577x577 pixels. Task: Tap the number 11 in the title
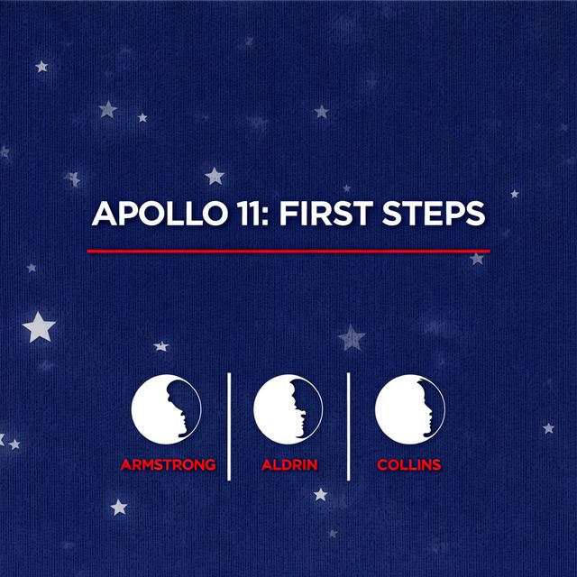click(x=250, y=214)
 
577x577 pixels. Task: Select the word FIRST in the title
click(x=326, y=214)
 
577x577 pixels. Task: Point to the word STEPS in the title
click(x=434, y=214)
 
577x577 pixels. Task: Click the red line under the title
click(x=288, y=252)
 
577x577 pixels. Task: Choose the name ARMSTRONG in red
click(x=169, y=465)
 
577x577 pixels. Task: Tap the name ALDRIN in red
click(x=289, y=465)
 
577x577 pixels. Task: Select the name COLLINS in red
click(x=408, y=465)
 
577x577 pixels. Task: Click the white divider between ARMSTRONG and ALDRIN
click(x=229, y=426)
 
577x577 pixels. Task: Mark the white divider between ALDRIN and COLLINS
click(x=349, y=426)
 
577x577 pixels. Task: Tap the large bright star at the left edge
click(x=39, y=327)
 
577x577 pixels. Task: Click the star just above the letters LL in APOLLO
click(x=215, y=176)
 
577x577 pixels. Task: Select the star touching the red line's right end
click(x=477, y=259)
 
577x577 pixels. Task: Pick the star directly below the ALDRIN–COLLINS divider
click(x=321, y=495)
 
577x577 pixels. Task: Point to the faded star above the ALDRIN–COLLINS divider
click(x=352, y=337)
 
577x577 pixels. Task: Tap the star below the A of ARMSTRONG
click(x=119, y=508)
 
